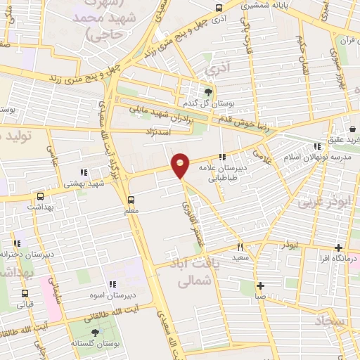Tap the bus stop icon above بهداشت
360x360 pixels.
pyautogui.click(x=40, y=197)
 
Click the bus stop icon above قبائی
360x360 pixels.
pyautogui.click(x=25, y=294)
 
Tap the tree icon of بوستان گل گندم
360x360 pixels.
pyautogui.click(x=208, y=92)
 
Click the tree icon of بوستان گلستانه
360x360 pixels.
pyautogui.click(x=96, y=331)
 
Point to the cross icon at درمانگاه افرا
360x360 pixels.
pyautogui.click(x=340, y=247)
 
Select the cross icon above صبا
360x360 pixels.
pyautogui.click(x=260, y=285)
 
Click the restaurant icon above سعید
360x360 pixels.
pyautogui.click(x=240, y=247)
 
